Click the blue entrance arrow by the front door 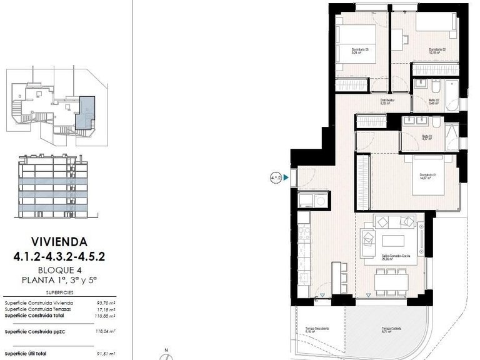pyautogui.click(x=286, y=178)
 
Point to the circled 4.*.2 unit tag pyautogui.click(x=276, y=178)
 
